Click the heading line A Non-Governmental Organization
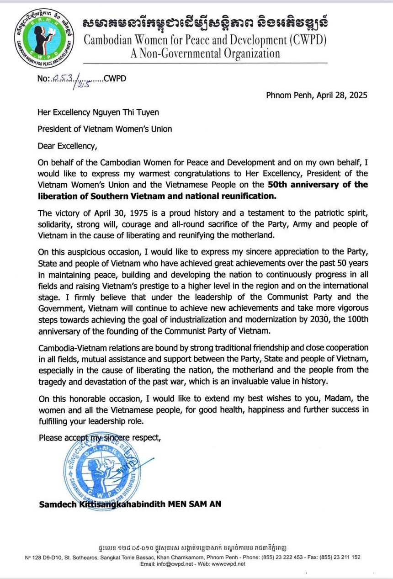point(205,53)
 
